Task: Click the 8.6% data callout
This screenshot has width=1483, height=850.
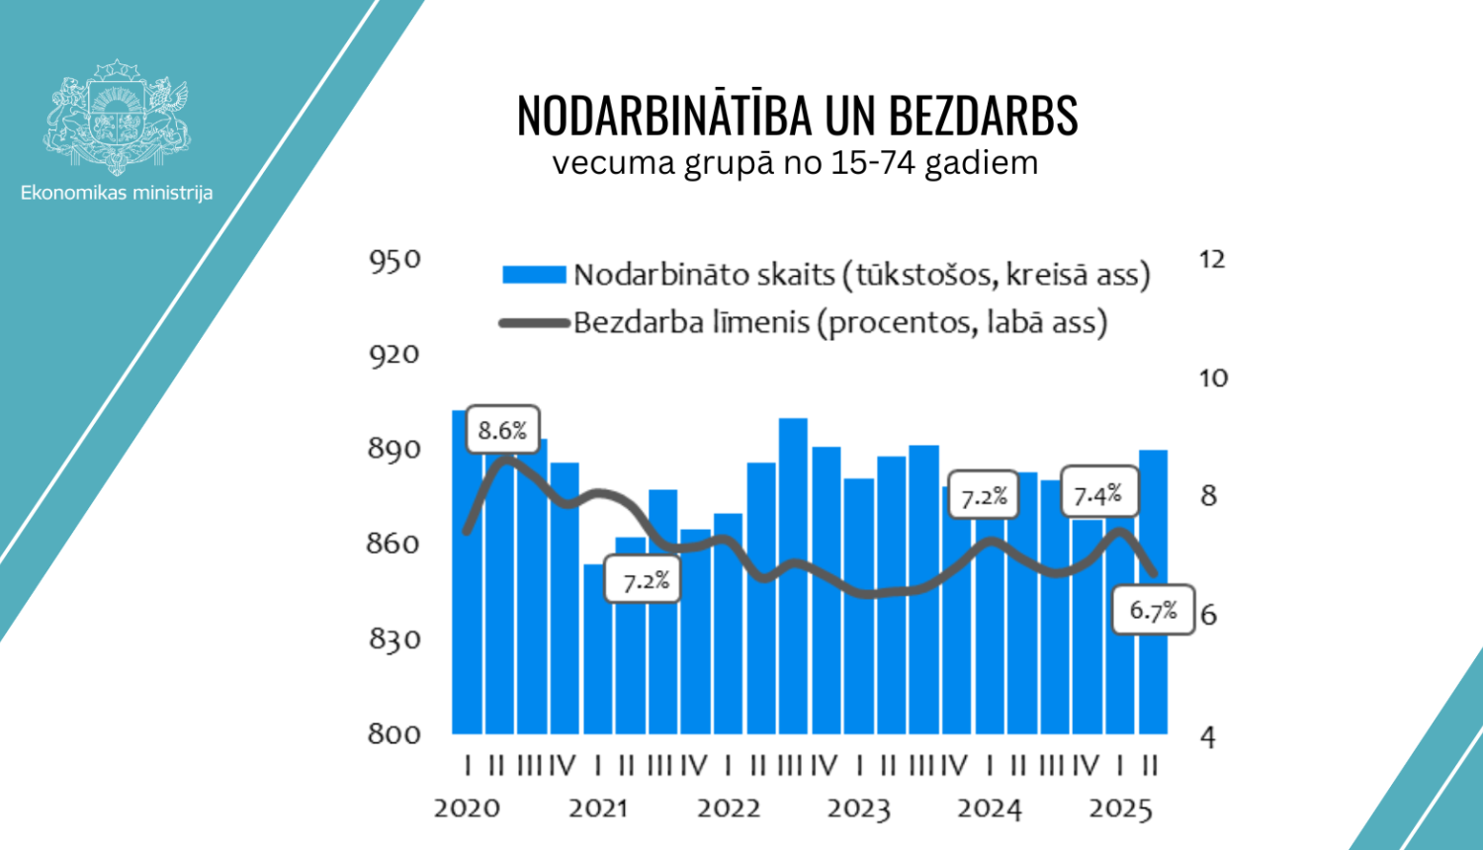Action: click(x=502, y=430)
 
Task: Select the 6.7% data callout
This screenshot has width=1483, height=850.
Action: click(x=1153, y=610)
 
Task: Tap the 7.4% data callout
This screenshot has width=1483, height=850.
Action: click(x=1097, y=494)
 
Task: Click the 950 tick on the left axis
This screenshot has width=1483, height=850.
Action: click(x=394, y=261)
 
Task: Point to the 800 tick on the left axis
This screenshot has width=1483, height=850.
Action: click(x=394, y=733)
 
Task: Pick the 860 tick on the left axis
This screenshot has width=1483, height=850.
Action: click(x=394, y=544)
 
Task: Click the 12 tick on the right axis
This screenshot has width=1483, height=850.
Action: click(x=1211, y=260)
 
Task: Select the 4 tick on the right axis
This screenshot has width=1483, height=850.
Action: click(x=1208, y=736)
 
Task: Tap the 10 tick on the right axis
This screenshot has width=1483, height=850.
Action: click(x=1212, y=378)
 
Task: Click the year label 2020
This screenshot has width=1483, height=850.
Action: click(x=467, y=808)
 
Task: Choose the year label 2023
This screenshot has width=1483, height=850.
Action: click(x=858, y=808)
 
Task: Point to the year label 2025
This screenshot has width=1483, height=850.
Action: click(x=1120, y=808)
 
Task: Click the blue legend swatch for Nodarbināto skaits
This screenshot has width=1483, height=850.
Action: click(x=534, y=275)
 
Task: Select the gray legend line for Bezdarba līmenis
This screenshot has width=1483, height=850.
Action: click(x=534, y=322)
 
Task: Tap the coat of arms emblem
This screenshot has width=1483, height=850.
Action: click(x=117, y=117)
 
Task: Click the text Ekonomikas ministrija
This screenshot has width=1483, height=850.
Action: click(x=117, y=193)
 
